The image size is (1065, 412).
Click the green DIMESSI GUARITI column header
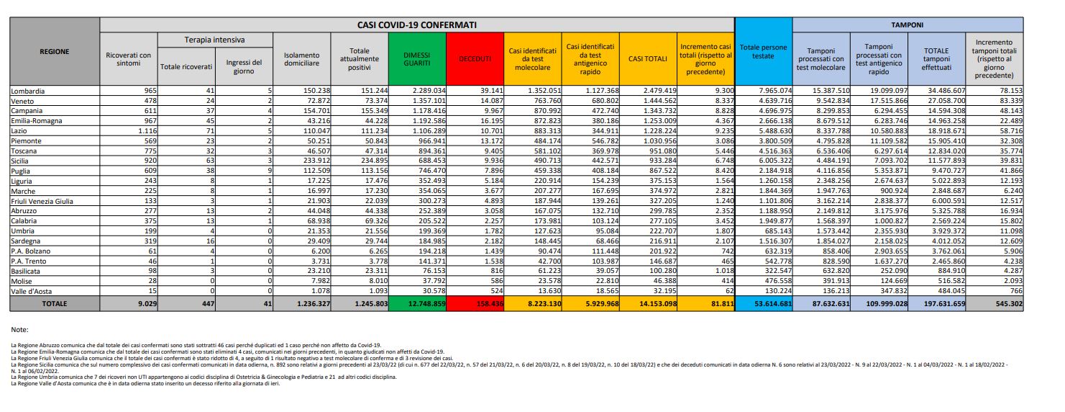click(x=417, y=59)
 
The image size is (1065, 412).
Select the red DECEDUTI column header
click(x=475, y=59)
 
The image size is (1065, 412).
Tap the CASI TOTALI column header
click(x=648, y=59)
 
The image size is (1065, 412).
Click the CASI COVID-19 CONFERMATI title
click(x=417, y=25)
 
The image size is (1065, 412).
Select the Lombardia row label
click(x=29, y=91)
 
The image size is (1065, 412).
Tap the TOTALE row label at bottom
click(x=55, y=304)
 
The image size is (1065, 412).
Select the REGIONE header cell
click(x=55, y=52)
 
